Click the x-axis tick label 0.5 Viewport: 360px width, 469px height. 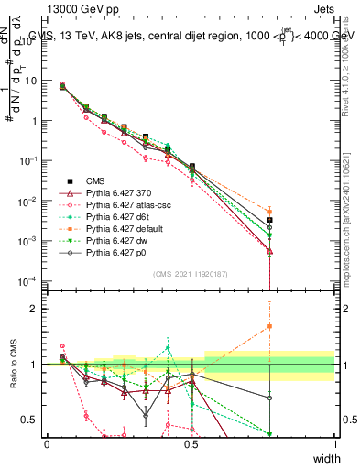(191, 443)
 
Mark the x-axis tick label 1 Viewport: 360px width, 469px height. (335, 443)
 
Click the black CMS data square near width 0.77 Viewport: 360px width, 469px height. (269, 220)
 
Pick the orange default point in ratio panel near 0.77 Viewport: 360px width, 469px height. (269, 325)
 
